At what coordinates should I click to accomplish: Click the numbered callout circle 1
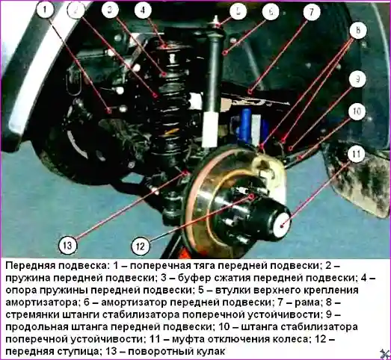pyautogui.click(x=45, y=11)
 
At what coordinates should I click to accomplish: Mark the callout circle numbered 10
pyautogui.click(x=357, y=111)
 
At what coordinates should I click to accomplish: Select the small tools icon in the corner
pyautogui.click(x=384, y=353)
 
